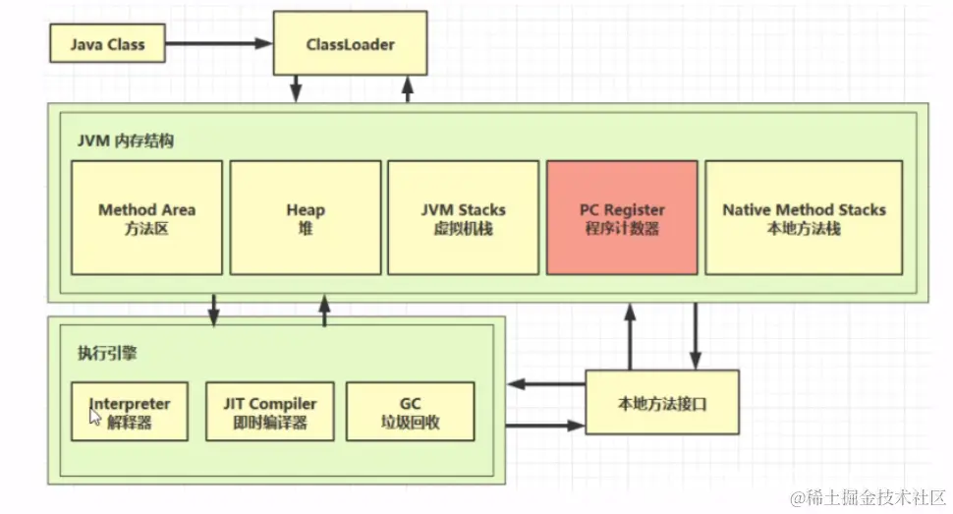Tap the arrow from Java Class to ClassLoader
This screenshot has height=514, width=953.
[218, 44]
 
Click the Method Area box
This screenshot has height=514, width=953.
[146, 218]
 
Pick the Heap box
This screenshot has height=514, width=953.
[306, 218]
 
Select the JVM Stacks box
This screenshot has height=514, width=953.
[463, 218]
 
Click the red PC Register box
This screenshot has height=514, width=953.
[622, 218]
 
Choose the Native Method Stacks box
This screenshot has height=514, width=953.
[804, 218]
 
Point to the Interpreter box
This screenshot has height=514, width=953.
[130, 412]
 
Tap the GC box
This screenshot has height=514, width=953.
[411, 412]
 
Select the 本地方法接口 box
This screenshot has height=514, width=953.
[661, 402]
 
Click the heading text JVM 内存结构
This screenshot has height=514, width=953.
[126, 141]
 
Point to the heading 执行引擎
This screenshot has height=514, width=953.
[101, 353]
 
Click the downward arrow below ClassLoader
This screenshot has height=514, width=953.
[296, 88]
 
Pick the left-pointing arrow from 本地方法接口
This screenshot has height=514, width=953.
[545, 384]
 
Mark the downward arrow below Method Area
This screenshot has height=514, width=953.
[213, 309]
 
